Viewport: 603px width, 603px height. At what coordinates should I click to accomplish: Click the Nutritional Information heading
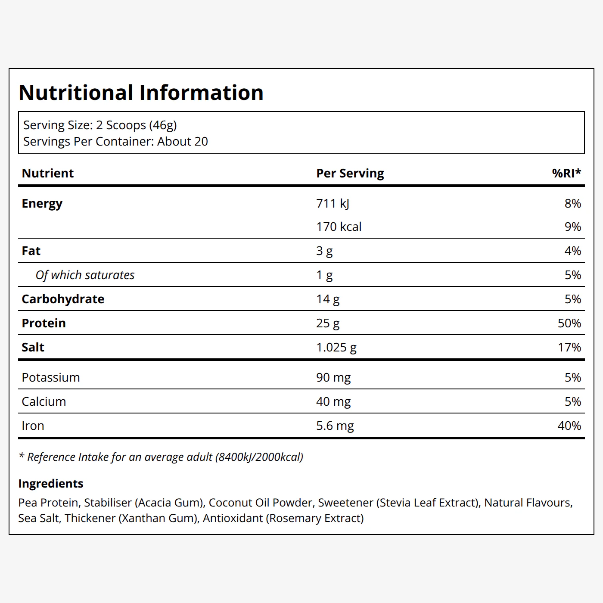click(x=141, y=93)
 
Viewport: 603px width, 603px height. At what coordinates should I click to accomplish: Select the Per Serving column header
click(x=350, y=173)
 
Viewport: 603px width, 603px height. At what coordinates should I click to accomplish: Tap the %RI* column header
click(x=566, y=173)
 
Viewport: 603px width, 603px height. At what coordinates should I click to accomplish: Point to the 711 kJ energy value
click(x=333, y=203)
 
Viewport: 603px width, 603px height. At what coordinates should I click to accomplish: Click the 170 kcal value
click(x=339, y=227)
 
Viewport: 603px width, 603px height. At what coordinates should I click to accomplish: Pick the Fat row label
click(x=31, y=251)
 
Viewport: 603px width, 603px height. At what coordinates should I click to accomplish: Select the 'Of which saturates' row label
click(x=85, y=275)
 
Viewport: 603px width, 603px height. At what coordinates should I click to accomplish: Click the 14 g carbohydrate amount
click(x=328, y=299)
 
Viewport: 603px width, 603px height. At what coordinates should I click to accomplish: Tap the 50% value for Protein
click(x=569, y=323)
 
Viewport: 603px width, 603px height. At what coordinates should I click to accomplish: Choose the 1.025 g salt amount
click(x=336, y=347)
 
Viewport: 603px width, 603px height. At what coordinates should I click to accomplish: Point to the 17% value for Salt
click(x=569, y=347)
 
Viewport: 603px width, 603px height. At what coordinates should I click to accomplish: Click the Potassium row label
click(x=51, y=377)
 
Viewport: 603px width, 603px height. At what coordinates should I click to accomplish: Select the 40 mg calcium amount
click(x=333, y=401)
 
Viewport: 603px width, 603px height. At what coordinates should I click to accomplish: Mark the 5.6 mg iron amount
click(x=335, y=426)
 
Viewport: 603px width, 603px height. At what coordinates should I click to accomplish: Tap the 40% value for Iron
click(x=569, y=426)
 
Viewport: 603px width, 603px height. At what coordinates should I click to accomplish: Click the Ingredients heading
click(x=51, y=484)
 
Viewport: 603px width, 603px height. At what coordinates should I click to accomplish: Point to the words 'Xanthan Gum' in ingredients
click(x=159, y=518)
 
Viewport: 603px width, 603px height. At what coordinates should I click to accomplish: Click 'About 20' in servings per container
click(x=183, y=141)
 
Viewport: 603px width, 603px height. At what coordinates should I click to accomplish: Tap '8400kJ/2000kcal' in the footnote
click(x=259, y=457)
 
